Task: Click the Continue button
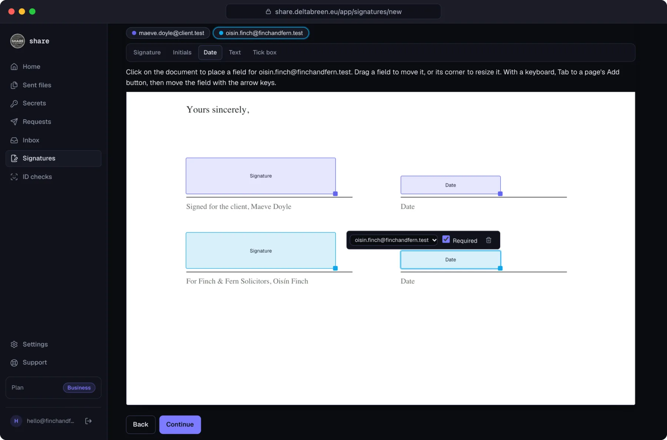180,424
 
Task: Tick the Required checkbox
446,239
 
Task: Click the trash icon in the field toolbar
489,240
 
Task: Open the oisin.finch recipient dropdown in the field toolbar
394,240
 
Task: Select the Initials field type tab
182,53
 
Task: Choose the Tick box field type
265,53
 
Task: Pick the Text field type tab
235,53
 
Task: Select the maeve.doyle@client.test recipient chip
168,33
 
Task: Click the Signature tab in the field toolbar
147,53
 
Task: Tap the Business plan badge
79,388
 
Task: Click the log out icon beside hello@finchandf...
88,421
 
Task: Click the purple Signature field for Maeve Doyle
261,176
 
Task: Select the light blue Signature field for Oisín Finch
261,251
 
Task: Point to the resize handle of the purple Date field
500,194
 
